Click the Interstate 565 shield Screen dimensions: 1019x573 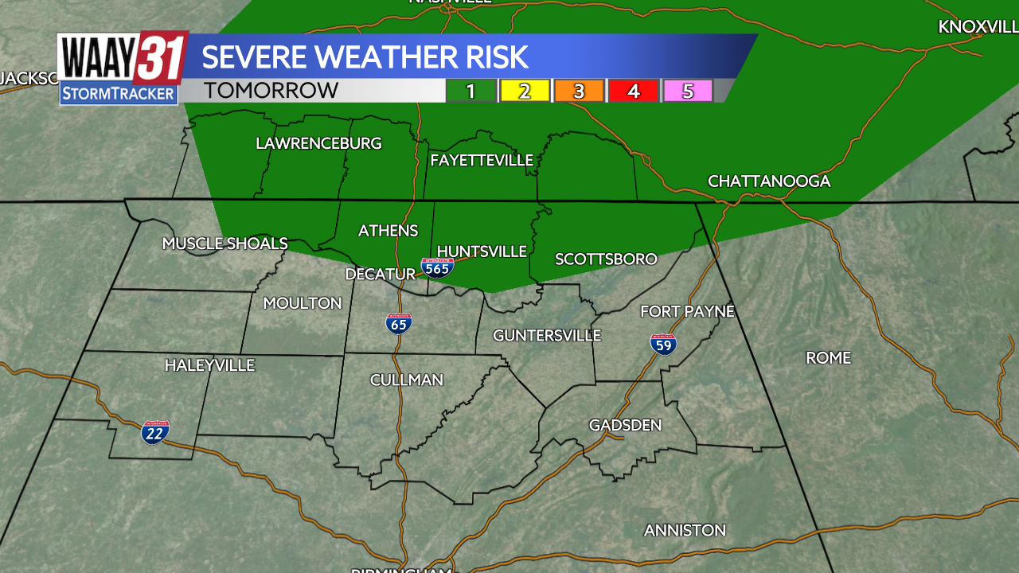[437, 267]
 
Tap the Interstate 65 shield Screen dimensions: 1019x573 [399, 323]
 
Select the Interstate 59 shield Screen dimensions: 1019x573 [663, 344]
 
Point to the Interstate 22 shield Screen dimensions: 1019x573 [155, 432]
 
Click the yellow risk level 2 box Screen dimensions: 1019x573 [525, 91]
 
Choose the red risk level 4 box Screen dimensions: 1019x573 [633, 91]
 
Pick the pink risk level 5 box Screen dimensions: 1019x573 [687, 91]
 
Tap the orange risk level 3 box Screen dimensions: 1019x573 [579, 91]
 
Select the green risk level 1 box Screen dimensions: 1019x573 [470, 91]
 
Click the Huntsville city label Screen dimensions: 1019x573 [482, 251]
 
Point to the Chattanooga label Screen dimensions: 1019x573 [769, 181]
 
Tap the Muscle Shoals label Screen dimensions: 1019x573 [224, 244]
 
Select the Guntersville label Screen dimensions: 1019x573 [546, 336]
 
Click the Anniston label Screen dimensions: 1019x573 [685, 530]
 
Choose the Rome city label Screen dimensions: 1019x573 [828, 358]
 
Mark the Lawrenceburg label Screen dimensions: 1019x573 [318, 143]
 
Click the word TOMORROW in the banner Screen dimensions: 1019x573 [271, 91]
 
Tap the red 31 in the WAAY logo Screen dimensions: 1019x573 [161, 57]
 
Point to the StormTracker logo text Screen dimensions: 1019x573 [118, 94]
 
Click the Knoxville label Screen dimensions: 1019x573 [978, 27]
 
